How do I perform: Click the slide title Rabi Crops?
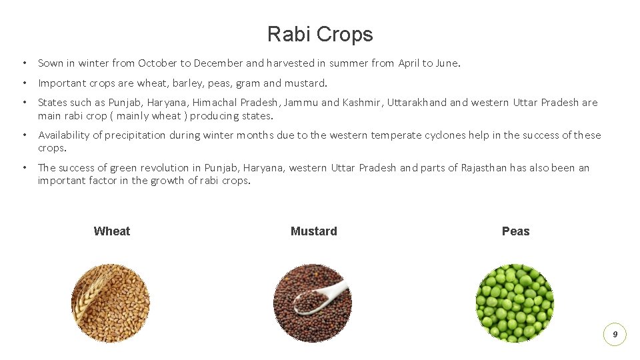320,34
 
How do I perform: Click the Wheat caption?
112,231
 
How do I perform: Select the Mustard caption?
314,231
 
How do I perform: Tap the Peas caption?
515,231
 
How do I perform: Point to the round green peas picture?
514,303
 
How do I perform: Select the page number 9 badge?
615,334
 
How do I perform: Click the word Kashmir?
362,103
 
